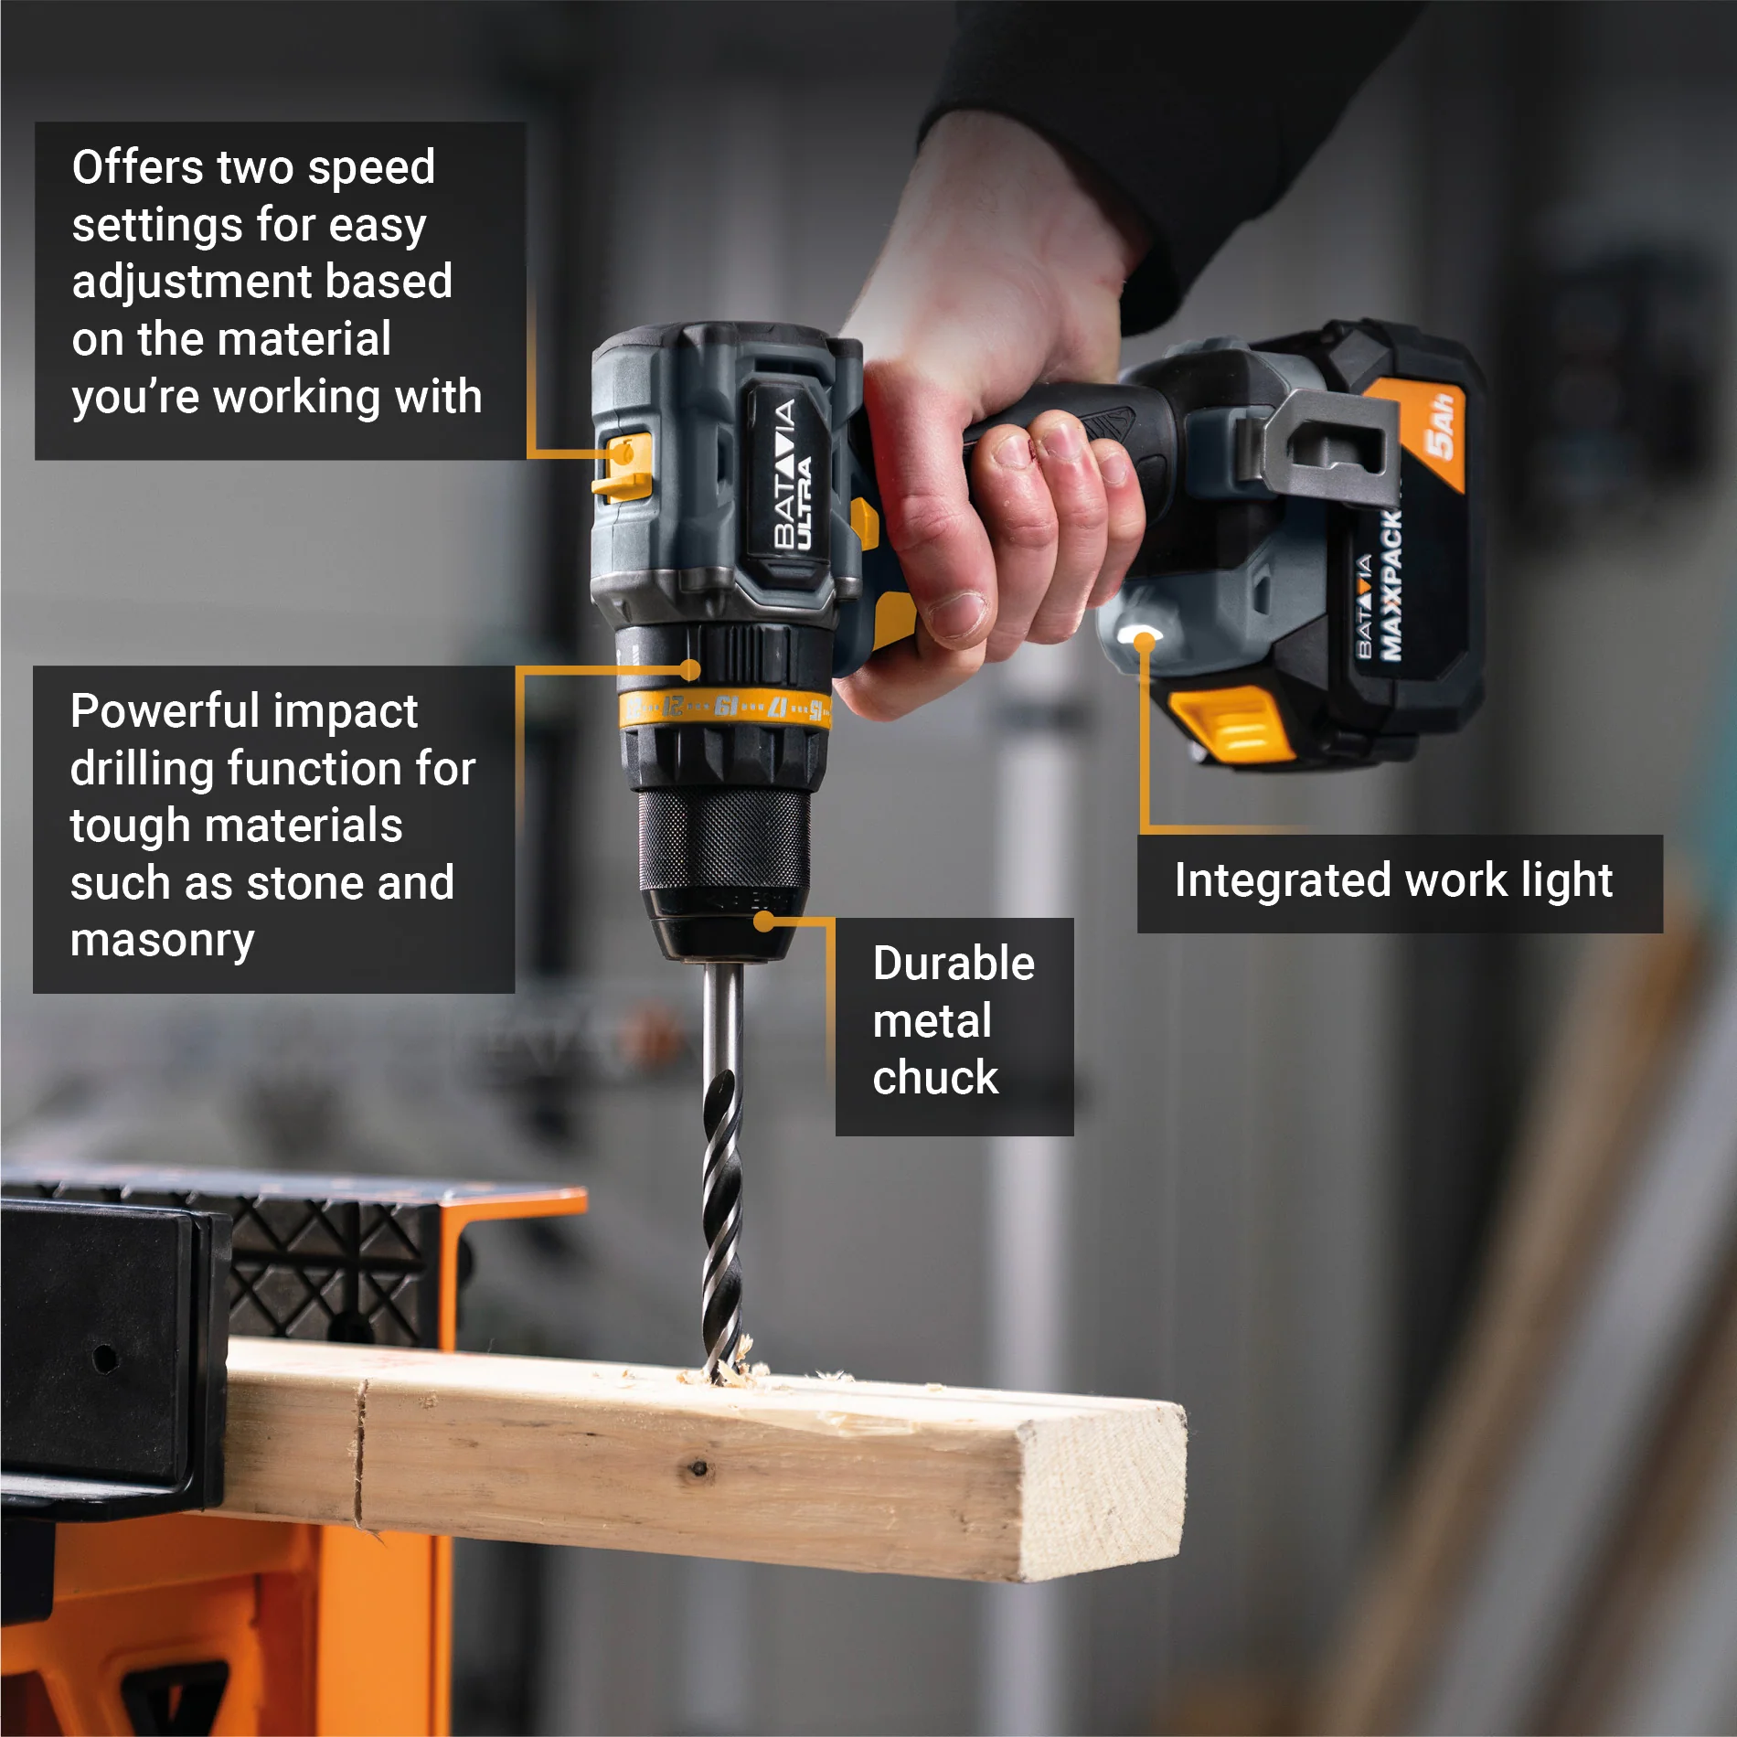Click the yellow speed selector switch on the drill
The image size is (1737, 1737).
click(x=623, y=466)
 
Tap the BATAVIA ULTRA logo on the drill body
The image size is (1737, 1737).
click(x=792, y=475)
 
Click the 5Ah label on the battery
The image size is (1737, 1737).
click(x=1440, y=426)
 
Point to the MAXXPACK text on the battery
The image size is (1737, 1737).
click(x=1391, y=585)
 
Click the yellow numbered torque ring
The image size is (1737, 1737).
click(x=725, y=709)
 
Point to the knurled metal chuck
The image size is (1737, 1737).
click(x=722, y=841)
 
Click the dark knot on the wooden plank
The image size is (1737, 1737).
click(x=699, y=1468)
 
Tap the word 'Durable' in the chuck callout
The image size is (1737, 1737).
click(x=954, y=964)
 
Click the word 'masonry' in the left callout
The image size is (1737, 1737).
click(x=162, y=942)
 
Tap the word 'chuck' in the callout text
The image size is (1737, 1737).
click(x=935, y=1077)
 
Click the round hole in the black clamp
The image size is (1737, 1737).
click(x=105, y=1359)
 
